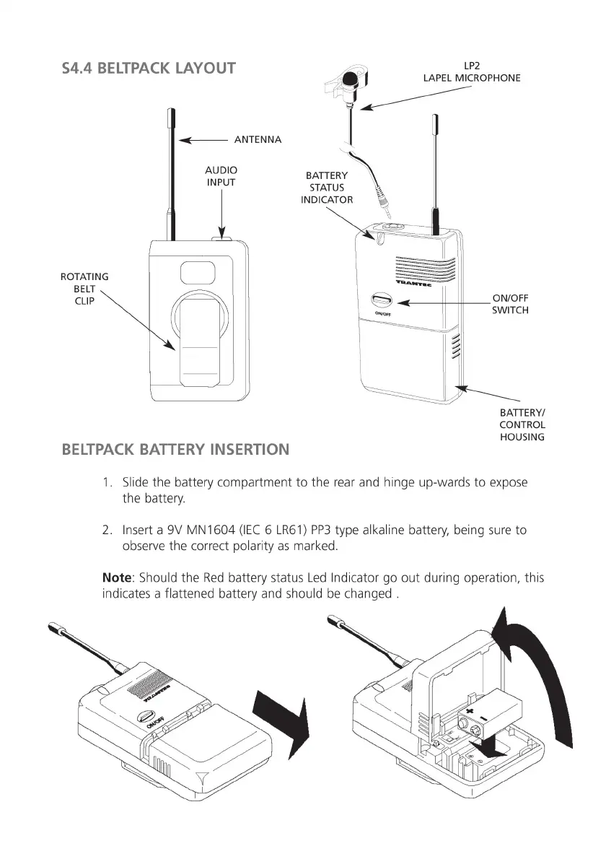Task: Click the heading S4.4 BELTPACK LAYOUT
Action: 149,69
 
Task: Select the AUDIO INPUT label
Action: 221,176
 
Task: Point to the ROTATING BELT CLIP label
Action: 84,289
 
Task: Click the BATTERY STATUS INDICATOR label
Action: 327,188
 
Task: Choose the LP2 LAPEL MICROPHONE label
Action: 471,71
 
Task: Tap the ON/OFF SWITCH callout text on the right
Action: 510,304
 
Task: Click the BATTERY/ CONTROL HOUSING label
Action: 522,424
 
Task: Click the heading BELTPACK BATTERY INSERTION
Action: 176,450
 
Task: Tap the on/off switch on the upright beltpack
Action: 381,300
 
